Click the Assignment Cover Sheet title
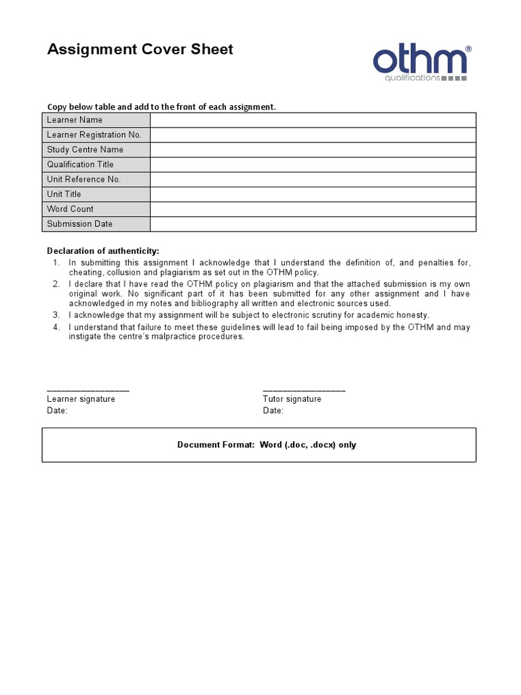click(140, 50)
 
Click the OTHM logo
click(420, 63)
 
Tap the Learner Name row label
click(75, 120)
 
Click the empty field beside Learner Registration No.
click(313, 135)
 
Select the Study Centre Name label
click(85, 150)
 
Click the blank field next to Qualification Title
click(313, 165)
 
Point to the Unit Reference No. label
click(83, 180)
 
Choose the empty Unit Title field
click(313, 195)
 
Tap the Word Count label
click(70, 209)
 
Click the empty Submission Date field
click(313, 224)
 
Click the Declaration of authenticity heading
click(103, 251)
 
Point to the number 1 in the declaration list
click(56, 263)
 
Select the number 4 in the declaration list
click(56, 327)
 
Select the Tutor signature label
click(292, 399)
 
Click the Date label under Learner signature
click(57, 411)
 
